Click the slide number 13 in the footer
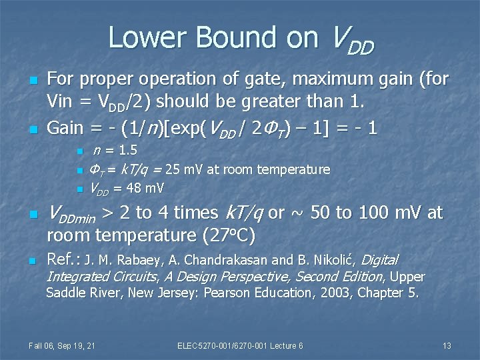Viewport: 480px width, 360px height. pos(447,345)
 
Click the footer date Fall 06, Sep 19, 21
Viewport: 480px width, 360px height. pos(62,345)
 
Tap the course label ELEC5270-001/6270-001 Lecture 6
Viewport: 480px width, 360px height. pos(240,345)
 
